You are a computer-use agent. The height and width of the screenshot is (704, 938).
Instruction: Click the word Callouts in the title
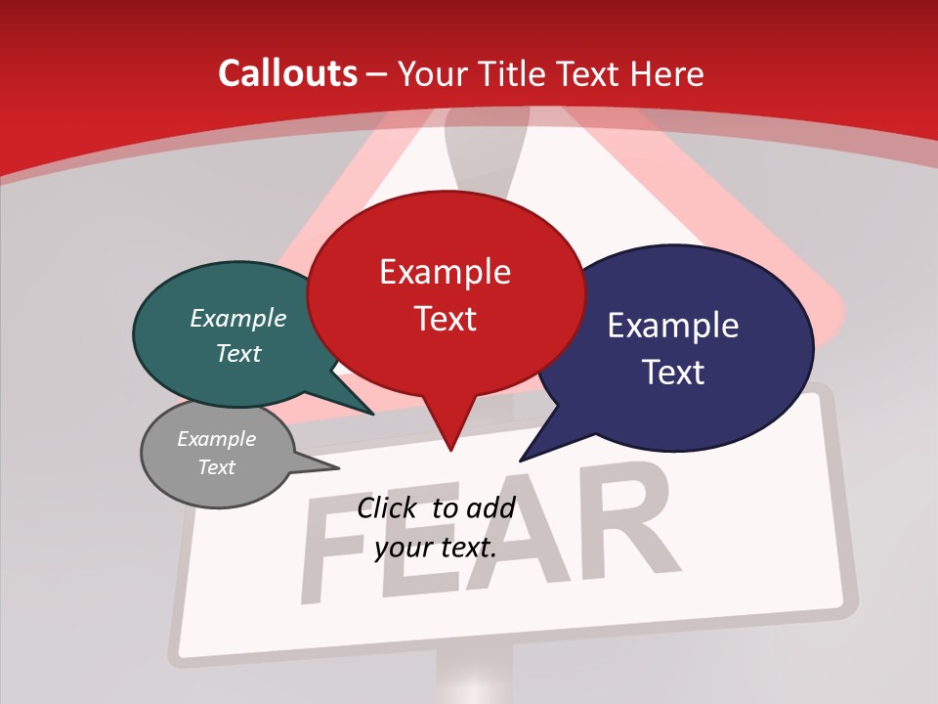pos(287,73)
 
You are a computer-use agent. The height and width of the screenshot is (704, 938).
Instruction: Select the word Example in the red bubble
pos(445,271)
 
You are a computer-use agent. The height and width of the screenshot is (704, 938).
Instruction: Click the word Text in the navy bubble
pos(672,373)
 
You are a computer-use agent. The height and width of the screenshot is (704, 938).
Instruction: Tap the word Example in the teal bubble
pos(238,319)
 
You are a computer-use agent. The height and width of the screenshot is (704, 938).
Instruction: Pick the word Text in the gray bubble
pos(217,467)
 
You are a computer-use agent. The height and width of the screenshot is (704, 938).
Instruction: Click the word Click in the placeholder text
pos(387,507)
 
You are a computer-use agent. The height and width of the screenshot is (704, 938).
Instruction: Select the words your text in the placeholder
pos(435,548)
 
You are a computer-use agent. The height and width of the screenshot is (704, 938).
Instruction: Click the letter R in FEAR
pos(625,523)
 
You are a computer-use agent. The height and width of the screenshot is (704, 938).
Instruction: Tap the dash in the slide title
pos(377,74)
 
